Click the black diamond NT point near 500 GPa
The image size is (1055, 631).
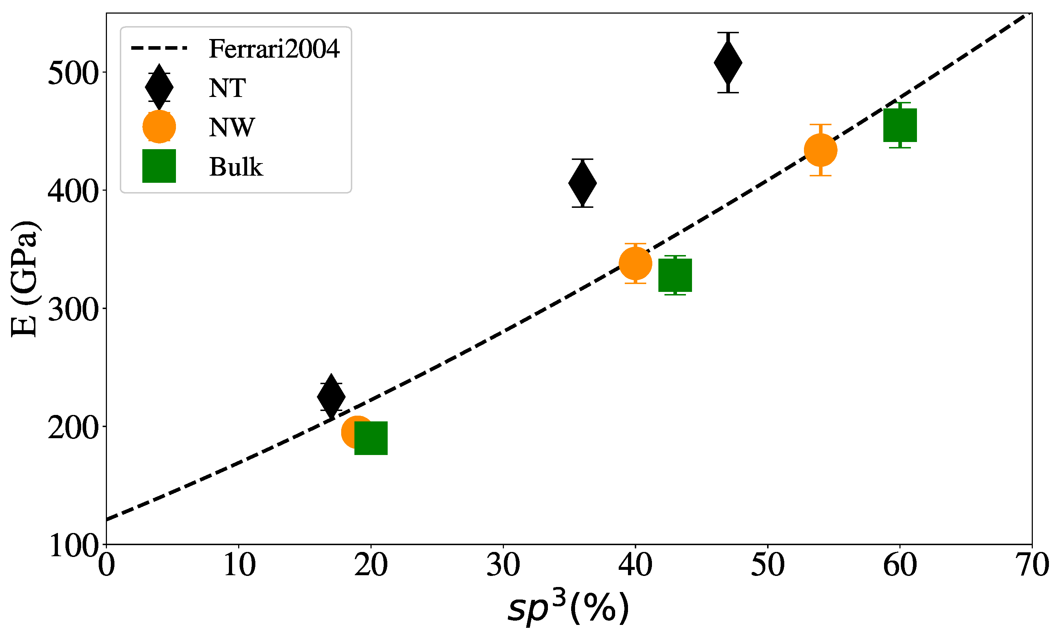(x=728, y=63)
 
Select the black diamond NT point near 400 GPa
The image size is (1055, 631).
(x=582, y=183)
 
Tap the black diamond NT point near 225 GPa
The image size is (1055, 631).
(x=331, y=396)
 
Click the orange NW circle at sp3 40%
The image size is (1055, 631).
(x=636, y=263)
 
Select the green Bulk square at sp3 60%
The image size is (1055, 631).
(x=900, y=125)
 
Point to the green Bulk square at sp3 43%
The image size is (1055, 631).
(x=675, y=275)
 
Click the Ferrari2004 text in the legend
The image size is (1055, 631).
(x=274, y=49)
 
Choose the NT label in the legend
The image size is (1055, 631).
(x=227, y=88)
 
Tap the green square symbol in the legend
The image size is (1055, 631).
(x=159, y=166)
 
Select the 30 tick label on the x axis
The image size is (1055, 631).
(x=503, y=565)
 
